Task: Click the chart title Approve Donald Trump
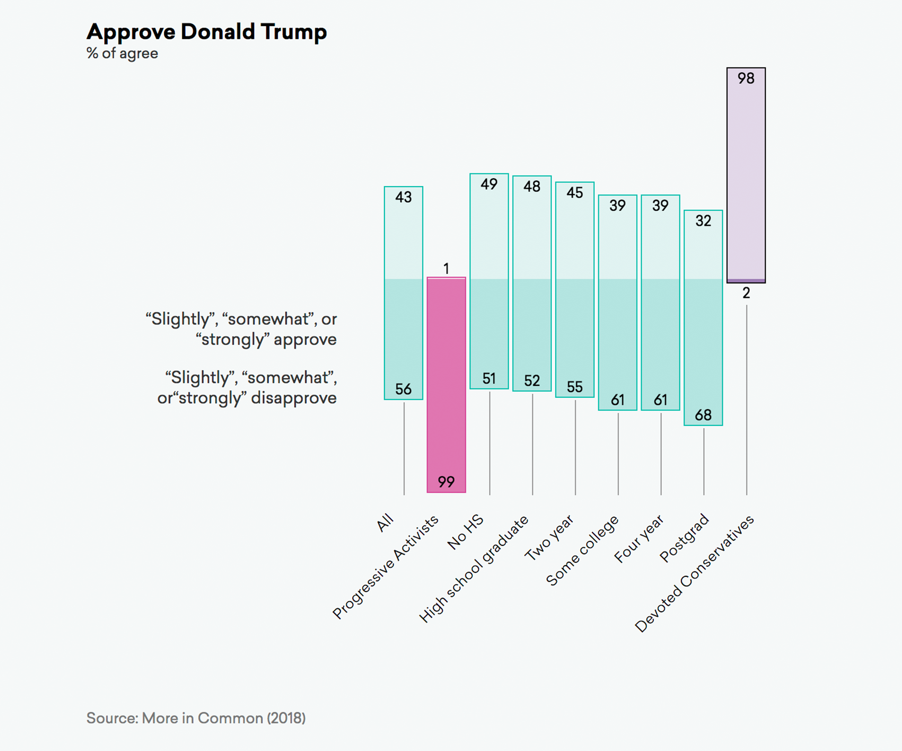point(207,32)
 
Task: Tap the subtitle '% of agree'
point(123,54)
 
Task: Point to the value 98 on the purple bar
point(746,78)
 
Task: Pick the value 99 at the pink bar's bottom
point(446,482)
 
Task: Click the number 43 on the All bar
point(403,198)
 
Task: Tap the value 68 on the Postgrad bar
point(703,415)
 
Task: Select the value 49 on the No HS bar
point(489,184)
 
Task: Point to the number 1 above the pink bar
point(446,268)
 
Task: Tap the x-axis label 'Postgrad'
point(684,538)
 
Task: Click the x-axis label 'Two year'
point(549,538)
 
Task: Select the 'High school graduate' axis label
point(474,569)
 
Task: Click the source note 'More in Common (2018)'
point(224,718)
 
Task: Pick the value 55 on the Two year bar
point(575,387)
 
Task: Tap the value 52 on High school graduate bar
point(532,381)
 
